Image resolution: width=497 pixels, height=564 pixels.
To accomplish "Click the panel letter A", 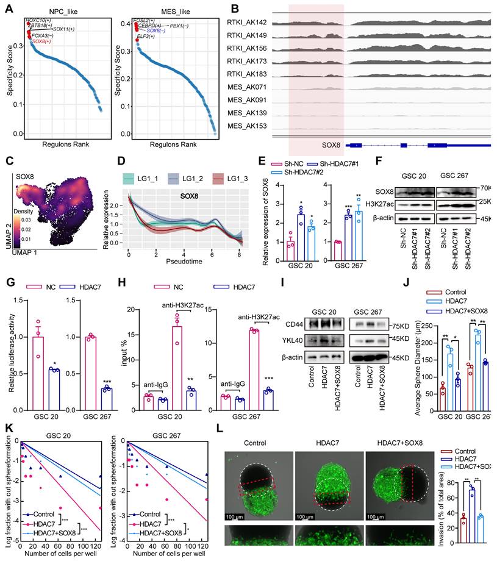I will (x=8, y=7).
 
